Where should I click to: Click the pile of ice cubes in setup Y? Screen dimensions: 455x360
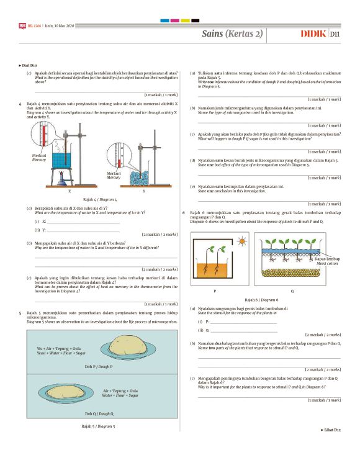pos(143,176)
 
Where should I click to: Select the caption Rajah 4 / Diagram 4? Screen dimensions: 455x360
pos(100,199)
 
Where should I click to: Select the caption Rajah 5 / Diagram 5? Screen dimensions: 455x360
pos(99,426)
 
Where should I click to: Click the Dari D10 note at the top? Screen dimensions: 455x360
pos(29,65)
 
